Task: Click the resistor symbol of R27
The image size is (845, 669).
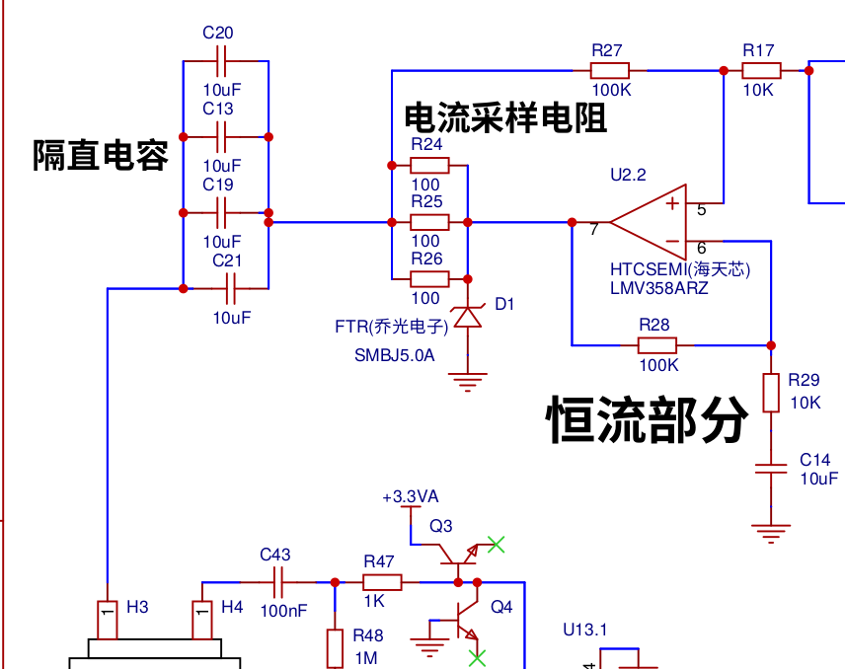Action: tap(609, 71)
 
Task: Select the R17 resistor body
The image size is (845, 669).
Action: tap(761, 71)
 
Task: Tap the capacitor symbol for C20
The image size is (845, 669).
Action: tap(221, 61)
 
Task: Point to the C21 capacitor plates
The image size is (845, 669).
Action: tap(231, 289)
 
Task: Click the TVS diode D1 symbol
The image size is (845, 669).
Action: tap(468, 317)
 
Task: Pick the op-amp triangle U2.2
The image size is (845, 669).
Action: tap(649, 222)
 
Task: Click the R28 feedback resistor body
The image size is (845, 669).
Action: tap(656, 345)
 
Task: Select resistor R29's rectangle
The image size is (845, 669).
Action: tap(771, 393)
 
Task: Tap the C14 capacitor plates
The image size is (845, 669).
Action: tap(771, 469)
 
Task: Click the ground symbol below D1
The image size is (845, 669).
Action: tap(468, 381)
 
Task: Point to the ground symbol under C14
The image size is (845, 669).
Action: tap(771, 533)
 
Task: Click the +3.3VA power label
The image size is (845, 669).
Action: tap(410, 496)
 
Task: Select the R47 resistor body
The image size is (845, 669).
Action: tap(382, 582)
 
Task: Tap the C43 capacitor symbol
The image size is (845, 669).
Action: tap(278, 582)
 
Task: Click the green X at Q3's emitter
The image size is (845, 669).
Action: tap(496, 544)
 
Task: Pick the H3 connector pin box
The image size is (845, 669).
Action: tap(108, 620)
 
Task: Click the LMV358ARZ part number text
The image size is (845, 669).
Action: tap(659, 288)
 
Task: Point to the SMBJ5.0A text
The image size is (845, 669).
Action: tap(395, 355)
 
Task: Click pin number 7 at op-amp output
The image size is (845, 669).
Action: tap(594, 230)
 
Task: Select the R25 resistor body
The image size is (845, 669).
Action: tap(429, 222)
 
